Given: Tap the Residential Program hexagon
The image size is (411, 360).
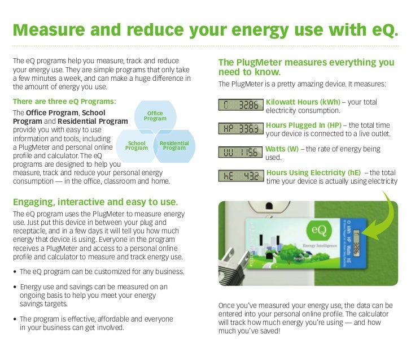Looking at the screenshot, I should pos(174,146).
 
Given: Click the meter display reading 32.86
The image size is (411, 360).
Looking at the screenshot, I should pos(239,105).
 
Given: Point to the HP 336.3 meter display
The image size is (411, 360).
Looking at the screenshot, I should pos(239,129).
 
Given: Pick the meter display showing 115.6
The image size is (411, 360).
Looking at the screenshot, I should pos(239,153).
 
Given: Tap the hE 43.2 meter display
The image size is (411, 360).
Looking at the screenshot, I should pos(239,176).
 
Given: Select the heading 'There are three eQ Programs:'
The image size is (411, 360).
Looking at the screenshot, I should pos(64,102).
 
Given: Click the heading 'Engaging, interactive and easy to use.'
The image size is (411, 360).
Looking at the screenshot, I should pos(95,202).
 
